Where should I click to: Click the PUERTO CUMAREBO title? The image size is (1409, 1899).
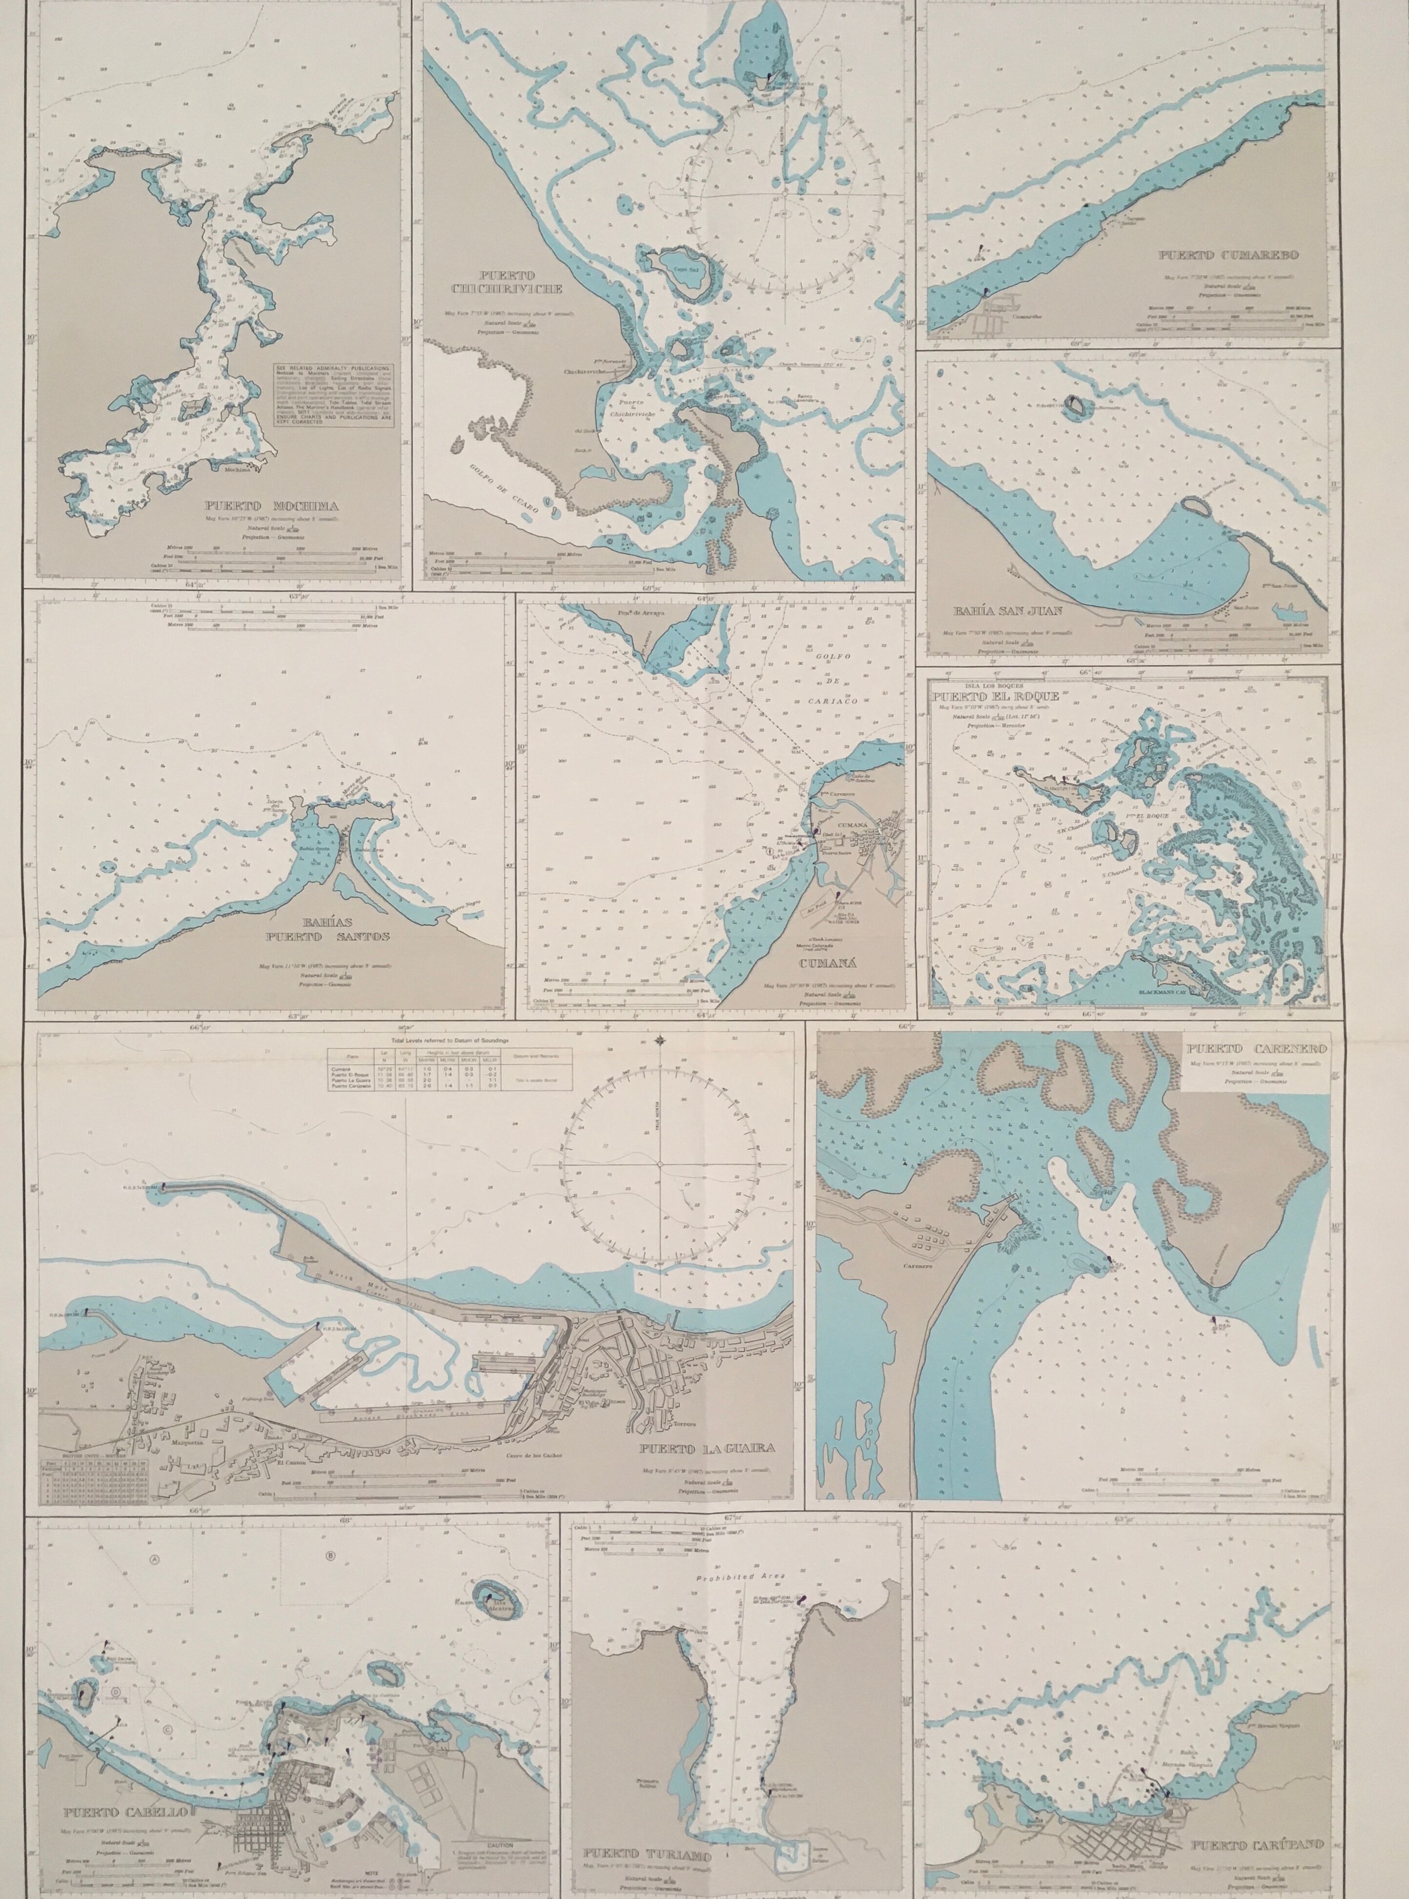click(1218, 255)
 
